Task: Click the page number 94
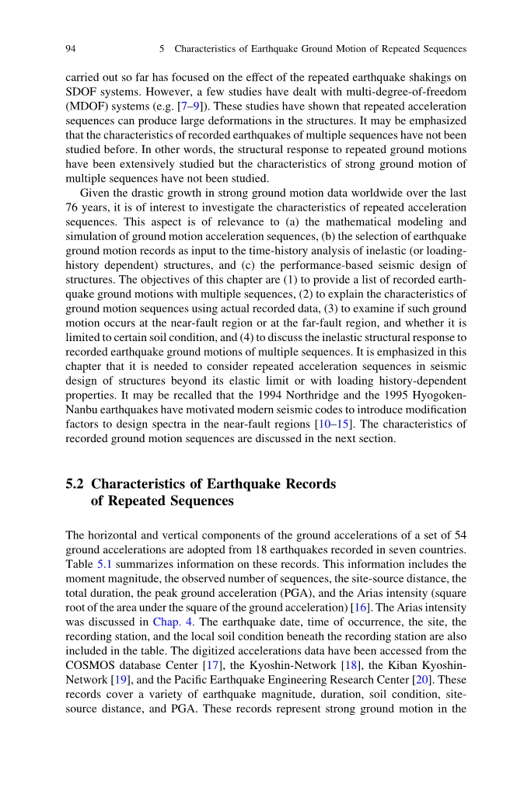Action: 71,49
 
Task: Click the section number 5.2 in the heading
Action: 75,484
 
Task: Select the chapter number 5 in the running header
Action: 162,49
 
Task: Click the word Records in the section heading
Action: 307,484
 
